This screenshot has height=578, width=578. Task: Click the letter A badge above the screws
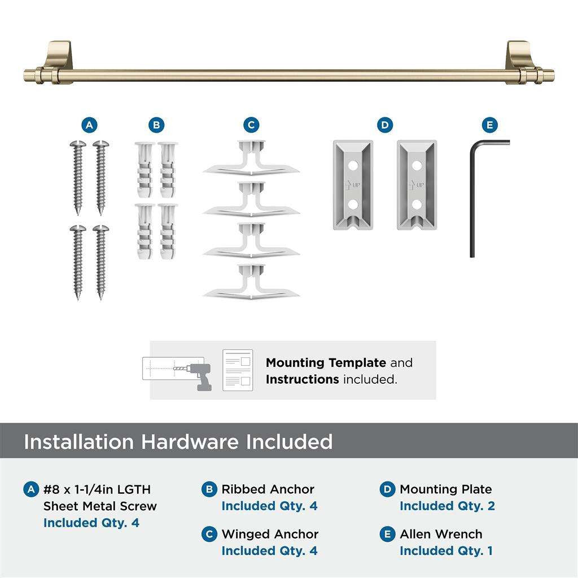coord(89,125)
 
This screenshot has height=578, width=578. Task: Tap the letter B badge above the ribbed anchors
coord(156,125)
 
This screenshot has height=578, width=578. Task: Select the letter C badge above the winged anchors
coord(251,125)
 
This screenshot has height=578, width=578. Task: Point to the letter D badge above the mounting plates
coord(384,125)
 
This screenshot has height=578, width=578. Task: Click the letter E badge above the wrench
coord(489,125)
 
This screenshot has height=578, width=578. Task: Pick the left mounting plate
coord(353,185)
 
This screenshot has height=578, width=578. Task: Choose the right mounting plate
coord(417,185)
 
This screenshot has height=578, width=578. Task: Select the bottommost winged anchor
coord(251,281)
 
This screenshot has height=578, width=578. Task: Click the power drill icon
coord(198,376)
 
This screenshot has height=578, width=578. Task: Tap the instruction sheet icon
coord(238,370)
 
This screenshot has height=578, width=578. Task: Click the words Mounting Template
coord(326,363)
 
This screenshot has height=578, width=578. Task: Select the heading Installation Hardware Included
coord(178,441)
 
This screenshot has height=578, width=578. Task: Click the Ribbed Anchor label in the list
coord(268,489)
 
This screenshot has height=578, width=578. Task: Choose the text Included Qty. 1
coord(446,551)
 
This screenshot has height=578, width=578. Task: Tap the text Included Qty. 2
coord(447,506)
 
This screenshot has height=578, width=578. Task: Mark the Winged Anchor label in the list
coord(270,534)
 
